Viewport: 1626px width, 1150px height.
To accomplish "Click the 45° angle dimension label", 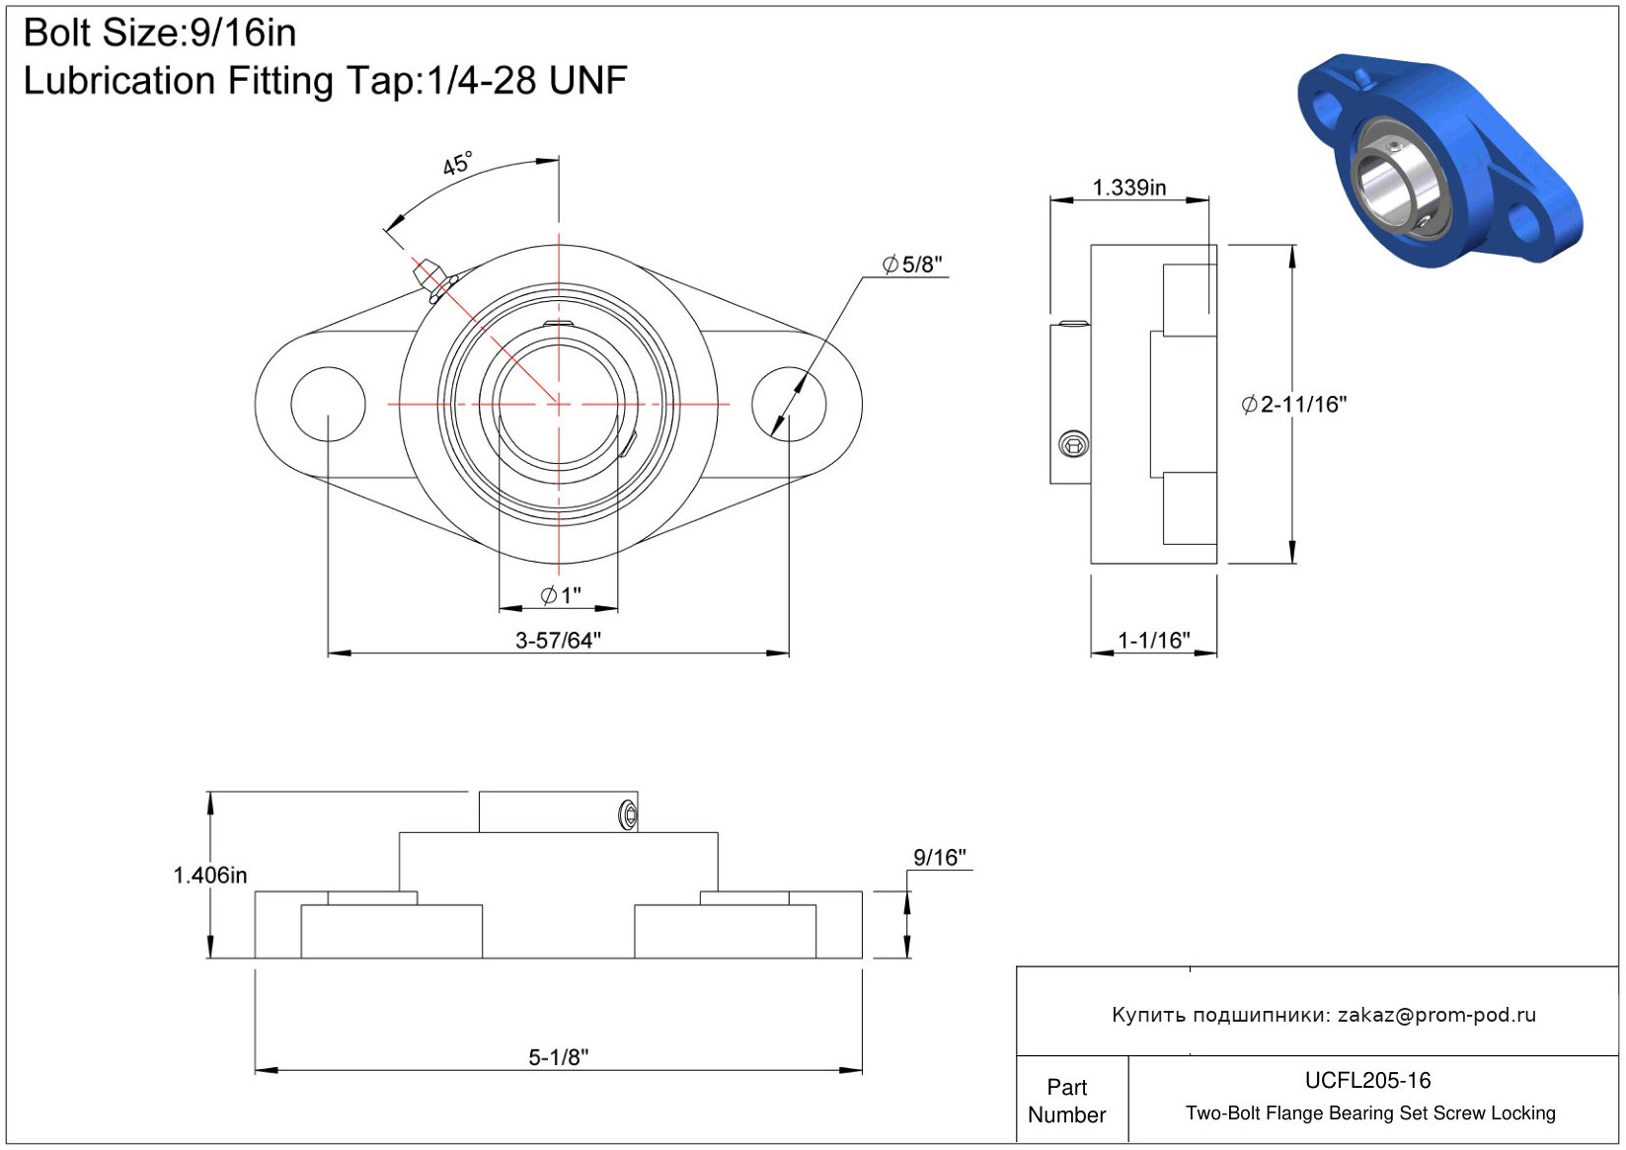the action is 457,163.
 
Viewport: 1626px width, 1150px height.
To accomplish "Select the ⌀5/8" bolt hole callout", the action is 911,265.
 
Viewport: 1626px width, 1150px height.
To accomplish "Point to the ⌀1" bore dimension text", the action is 561,595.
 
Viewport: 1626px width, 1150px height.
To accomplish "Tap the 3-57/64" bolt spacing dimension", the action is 558,641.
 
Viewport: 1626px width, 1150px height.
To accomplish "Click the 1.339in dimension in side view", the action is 1128,188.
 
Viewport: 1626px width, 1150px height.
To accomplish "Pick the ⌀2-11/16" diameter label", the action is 1294,405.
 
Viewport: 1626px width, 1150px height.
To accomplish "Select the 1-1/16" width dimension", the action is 1153,641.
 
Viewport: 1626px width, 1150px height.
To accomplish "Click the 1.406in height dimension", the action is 209,875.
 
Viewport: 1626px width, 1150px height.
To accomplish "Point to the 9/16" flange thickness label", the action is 939,858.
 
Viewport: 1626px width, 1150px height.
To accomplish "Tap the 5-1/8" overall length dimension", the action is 558,1057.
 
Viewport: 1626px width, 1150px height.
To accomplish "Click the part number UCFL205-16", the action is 1367,1080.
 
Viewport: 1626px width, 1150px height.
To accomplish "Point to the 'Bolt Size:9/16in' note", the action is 160,33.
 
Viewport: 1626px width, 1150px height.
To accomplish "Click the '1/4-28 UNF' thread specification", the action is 527,80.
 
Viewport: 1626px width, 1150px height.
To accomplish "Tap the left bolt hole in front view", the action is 328,405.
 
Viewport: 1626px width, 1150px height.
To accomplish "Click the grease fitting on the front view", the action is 434,280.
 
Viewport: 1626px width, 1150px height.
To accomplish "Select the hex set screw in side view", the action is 1073,444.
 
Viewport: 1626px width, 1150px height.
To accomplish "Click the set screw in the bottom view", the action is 629,814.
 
